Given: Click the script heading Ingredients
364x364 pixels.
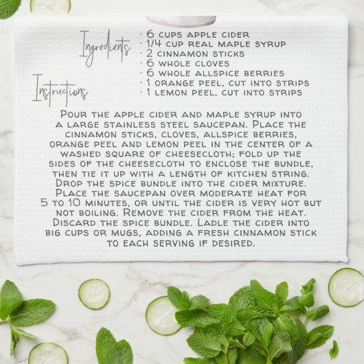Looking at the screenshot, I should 104,47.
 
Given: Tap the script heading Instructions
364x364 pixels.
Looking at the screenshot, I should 60,91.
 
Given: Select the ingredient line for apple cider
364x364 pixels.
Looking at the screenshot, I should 196,34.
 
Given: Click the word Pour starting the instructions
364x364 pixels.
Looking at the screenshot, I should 74,114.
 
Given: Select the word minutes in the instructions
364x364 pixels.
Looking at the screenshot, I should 105,204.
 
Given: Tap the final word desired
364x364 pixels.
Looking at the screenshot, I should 237,244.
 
